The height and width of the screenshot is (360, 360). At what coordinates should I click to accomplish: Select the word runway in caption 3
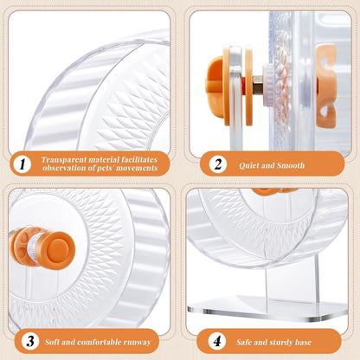click(141, 340)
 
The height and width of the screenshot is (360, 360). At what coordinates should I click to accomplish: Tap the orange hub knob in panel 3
click(59, 248)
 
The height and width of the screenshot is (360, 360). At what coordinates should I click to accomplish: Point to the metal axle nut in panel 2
click(257, 84)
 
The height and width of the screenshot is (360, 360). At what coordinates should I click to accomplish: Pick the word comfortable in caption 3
click(100, 340)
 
